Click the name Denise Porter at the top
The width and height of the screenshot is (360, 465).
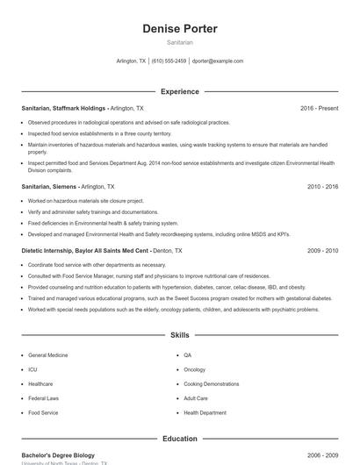pos(180,29)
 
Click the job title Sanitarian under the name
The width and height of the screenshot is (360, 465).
pos(180,42)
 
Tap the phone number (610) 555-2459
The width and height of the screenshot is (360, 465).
pos(169,61)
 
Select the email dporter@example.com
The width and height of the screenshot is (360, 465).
pos(218,61)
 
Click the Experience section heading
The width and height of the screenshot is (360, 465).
pos(180,91)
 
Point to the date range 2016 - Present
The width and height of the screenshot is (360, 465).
pos(319,108)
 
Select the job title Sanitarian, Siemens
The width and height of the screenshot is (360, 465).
pos(49,187)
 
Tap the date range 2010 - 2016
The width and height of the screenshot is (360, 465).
pos(322,187)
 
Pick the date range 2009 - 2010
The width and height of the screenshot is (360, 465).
pos(322,251)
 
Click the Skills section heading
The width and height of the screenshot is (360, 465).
pos(180,335)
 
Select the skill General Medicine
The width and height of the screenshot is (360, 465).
pos(47,355)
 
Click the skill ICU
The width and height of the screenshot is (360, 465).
pos(32,369)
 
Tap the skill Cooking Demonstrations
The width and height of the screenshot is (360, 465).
pos(211,383)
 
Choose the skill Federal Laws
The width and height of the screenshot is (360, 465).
pos(43,398)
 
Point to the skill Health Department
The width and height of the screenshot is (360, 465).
pos(205,412)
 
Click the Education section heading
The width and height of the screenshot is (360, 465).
pos(180,439)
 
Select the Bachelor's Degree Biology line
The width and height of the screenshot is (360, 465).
pos(57,455)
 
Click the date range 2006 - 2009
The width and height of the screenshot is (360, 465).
pos(322,455)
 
